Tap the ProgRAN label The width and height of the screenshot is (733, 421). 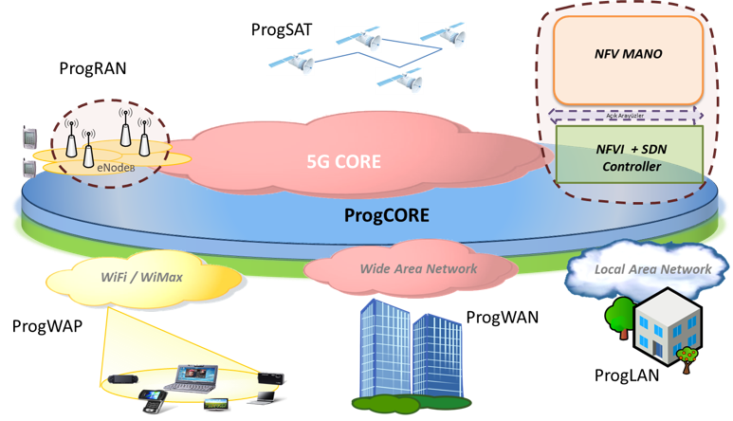point(92,68)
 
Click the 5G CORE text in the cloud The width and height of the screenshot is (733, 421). point(342,162)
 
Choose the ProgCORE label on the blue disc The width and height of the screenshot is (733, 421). point(387,216)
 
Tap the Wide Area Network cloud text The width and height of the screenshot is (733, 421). point(418,268)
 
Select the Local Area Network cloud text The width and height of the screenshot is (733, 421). point(652,269)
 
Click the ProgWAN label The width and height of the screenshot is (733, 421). point(502,317)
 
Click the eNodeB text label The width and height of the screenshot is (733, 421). point(116,166)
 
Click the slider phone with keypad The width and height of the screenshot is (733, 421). point(151,399)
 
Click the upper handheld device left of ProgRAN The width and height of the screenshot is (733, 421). point(26,138)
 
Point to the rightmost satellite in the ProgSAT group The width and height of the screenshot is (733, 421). point(453,37)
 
